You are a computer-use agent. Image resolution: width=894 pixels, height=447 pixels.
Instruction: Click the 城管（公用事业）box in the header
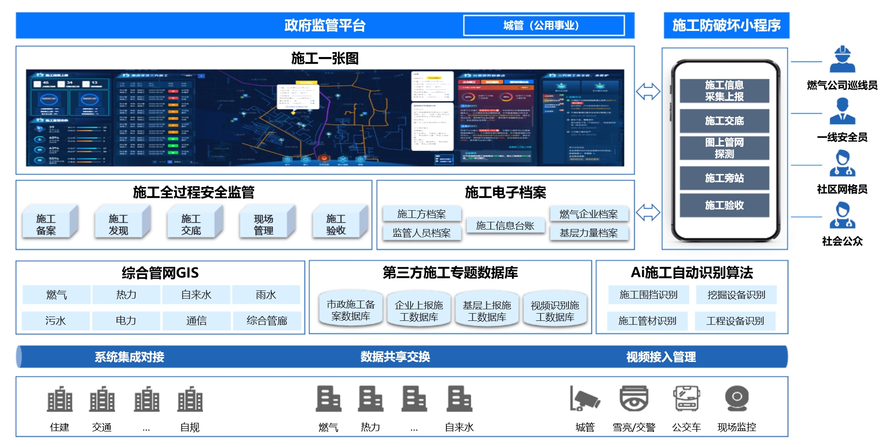tap(543, 26)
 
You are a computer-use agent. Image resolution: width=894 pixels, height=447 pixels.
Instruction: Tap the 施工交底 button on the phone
tap(724, 121)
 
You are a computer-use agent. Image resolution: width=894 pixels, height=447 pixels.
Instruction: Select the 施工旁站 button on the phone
tap(724, 178)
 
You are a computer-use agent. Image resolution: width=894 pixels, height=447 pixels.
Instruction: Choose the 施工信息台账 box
tap(505, 226)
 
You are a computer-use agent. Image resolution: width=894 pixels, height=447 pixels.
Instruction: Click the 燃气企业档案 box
tap(589, 214)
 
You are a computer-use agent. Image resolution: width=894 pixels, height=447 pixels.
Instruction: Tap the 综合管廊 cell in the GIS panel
tap(267, 320)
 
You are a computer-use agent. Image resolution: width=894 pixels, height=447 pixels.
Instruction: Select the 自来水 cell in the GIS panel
tap(196, 295)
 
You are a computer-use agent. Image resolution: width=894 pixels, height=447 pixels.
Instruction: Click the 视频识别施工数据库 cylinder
tap(555, 311)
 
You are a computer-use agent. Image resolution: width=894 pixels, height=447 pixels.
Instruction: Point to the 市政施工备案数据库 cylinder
tap(351, 310)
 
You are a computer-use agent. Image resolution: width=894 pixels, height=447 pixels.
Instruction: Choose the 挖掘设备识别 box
tap(736, 295)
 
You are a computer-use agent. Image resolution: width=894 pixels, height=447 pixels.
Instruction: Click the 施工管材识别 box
tap(647, 320)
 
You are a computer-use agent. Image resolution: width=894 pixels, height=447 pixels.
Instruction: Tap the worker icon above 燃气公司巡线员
tap(842, 60)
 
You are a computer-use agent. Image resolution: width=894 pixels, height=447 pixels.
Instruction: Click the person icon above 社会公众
tap(842, 216)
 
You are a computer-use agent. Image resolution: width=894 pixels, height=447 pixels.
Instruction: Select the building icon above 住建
tap(59, 399)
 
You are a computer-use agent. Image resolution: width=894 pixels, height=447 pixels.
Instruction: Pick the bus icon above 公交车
tap(686, 399)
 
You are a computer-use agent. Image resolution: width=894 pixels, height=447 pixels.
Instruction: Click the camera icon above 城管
tap(584, 399)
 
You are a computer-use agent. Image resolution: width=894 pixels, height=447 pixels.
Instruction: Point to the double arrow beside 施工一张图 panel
tap(648, 91)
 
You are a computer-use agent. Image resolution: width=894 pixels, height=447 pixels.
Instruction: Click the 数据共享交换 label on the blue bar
tap(395, 357)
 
